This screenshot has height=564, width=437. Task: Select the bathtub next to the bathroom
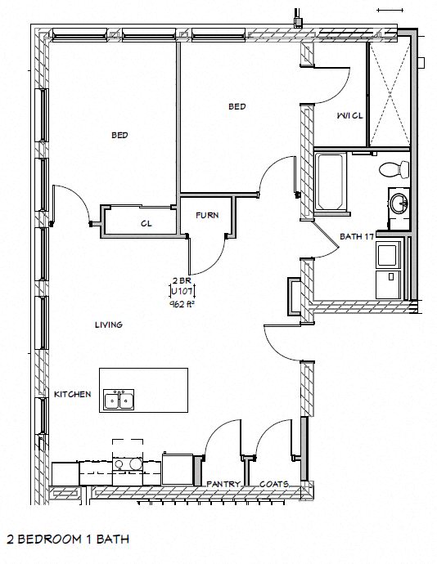click(331, 181)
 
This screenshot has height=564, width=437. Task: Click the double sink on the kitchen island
click(119, 400)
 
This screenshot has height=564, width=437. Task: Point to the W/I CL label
click(349, 116)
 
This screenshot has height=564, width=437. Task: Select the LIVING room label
click(108, 325)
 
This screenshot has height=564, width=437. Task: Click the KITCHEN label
click(72, 394)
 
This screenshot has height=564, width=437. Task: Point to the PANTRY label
click(223, 484)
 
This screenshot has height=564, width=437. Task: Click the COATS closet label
click(273, 484)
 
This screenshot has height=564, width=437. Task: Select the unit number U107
click(182, 290)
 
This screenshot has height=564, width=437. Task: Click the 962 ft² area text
click(182, 302)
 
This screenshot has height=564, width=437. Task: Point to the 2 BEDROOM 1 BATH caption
click(66, 539)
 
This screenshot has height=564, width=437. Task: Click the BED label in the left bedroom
click(119, 136)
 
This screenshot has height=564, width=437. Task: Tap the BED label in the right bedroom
click(237, 106)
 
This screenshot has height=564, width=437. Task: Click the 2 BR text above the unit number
click(181, 280)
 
